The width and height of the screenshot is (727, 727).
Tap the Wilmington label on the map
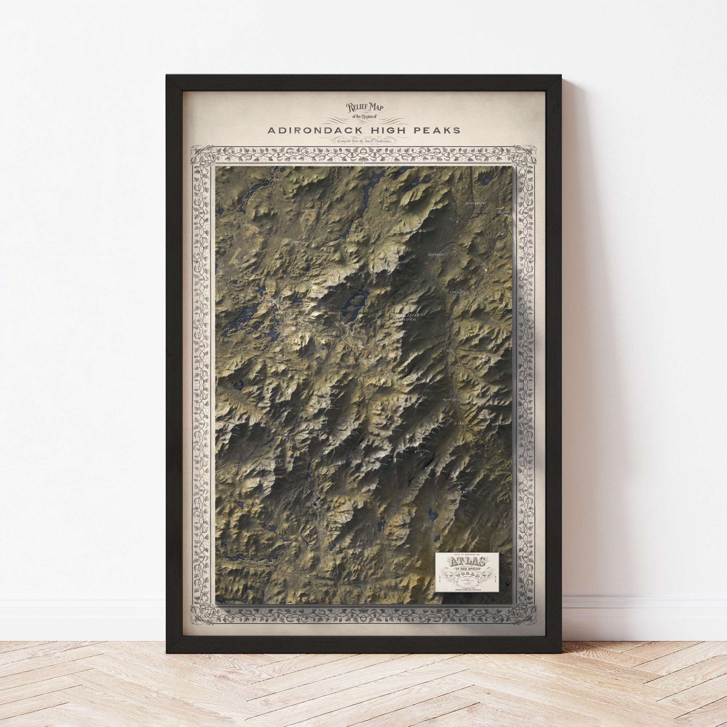[437, 254]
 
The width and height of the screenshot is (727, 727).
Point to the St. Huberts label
[462, 423]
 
